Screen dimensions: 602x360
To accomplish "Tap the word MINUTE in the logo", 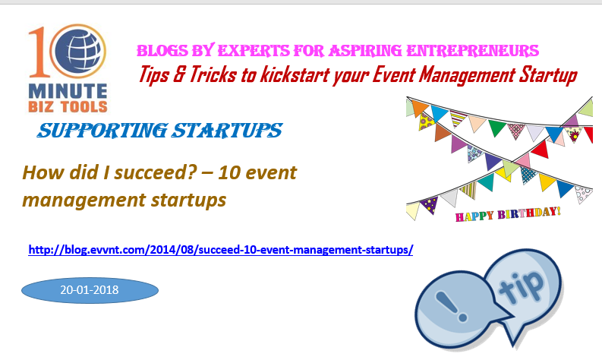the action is click(x=68, y=91).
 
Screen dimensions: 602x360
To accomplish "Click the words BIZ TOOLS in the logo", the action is click(x=68, y=107).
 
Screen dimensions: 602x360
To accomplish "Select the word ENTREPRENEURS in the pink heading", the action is click(x=472, y=51).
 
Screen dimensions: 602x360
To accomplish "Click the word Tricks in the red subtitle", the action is click(x=213, y=74).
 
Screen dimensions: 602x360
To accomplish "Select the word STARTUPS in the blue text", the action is click(x=227, y=131).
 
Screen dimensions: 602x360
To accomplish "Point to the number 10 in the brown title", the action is click(x=229, y=172).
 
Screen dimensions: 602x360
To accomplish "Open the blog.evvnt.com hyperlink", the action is click(x=221, y=250).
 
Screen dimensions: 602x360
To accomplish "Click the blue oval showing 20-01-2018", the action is click(x=90, y=290).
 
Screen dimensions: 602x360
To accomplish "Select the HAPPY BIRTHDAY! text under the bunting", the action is click(x=508, y=214).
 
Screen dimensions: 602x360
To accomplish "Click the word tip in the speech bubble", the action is click(x=522, y=285).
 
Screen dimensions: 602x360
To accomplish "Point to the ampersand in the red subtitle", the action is click(x=178, y=74).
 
